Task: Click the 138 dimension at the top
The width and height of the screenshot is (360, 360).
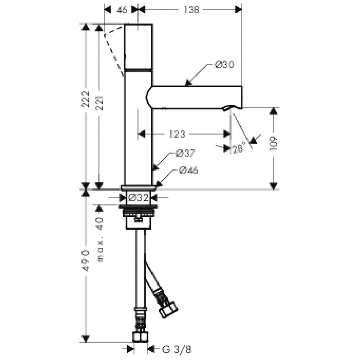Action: click(191, 10)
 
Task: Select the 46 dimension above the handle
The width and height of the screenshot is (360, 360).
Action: click(122, 10)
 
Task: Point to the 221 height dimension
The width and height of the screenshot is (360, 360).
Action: click(99, 103)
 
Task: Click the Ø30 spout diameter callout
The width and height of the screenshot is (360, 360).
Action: click(224, 64)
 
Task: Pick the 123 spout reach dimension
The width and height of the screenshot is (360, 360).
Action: click(177, 134)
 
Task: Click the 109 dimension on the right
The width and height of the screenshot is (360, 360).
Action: click(274, 144)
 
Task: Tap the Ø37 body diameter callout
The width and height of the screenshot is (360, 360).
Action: click(185, 153)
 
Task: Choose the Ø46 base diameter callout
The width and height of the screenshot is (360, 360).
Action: click(188, 170)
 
